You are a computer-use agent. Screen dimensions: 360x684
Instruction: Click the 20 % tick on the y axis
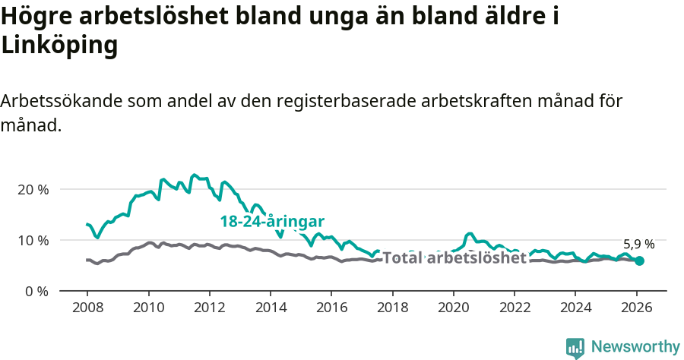point(33,189)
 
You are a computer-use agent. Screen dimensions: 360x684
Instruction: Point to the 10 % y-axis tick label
point(33,240)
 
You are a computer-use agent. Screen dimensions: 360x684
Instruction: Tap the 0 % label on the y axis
point(36,291)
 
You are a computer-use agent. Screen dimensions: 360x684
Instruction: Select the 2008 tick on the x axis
point(87,308)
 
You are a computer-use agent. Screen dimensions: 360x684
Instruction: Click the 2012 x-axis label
point(210,308)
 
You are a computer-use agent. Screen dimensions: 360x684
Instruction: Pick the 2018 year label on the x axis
point(392,308)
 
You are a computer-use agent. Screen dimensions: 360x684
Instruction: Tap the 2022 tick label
point(515,308)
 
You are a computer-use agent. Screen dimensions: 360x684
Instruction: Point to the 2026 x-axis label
point(636,308)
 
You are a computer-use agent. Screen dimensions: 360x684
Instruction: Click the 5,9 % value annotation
point(638,245)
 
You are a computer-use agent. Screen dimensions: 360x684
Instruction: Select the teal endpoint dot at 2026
point(639,261)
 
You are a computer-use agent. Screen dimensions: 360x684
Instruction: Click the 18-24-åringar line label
point(272,222)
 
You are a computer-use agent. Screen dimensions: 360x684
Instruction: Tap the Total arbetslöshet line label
point(454,257)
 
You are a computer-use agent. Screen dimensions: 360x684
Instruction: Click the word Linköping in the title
point(60,46)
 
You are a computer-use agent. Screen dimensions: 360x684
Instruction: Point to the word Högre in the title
point(37,17)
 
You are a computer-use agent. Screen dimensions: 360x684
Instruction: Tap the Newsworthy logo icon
point(575,347)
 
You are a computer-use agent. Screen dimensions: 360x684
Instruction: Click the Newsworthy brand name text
point(635,346)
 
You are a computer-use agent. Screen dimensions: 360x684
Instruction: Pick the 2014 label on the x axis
point(271,308)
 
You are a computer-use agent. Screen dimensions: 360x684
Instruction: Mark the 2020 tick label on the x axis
point(454,308)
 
